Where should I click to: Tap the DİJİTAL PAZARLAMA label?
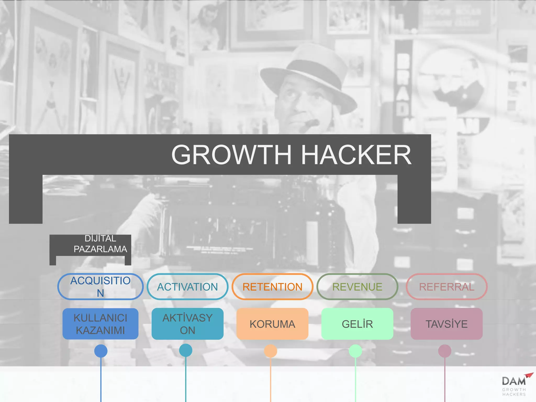tap(100, 244)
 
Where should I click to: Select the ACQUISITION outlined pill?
tap(100, 287)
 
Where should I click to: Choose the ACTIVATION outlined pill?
tap(187, 287)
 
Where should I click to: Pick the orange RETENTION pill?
tap(272, 287)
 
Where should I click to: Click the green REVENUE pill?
tap(357, 287)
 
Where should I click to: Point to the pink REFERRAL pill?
tap(446, 287)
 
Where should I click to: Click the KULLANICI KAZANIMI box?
tap(100, 324)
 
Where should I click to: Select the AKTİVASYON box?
tap(187, 324)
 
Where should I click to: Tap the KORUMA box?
tap(272, 324)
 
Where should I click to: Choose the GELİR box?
tap(357, 324)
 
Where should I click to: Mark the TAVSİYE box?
tap(446, 324)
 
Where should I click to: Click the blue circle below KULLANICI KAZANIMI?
tap(101, 351)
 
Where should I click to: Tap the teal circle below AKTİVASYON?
tap(186, 350)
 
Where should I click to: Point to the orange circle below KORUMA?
tap(271, 351)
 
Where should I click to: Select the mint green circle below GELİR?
tap(355, 351)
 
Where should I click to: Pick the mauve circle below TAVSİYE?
tap(445, 351)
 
